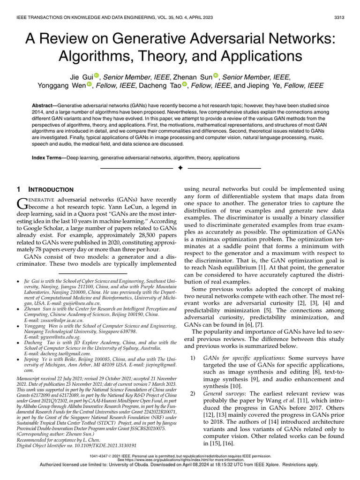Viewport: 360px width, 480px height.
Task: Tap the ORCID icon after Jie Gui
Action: point(97,75)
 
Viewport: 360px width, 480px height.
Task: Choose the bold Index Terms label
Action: point(48,158)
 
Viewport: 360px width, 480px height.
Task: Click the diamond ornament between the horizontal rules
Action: point(180,168)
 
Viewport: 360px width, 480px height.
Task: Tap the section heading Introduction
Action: point(51,189)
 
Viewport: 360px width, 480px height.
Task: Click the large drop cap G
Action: point(22,203)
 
